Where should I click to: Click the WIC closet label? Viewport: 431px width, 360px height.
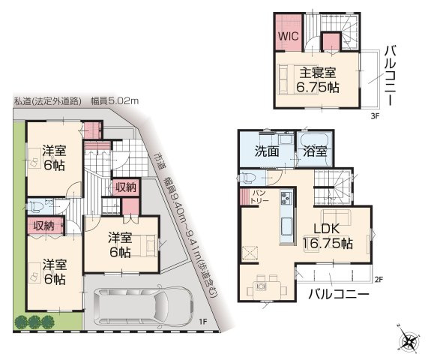[x=289, y=35]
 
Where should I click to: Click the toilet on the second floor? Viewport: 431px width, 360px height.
[x=250, y=178]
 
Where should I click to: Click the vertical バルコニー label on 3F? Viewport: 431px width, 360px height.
[x=391, y=76]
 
